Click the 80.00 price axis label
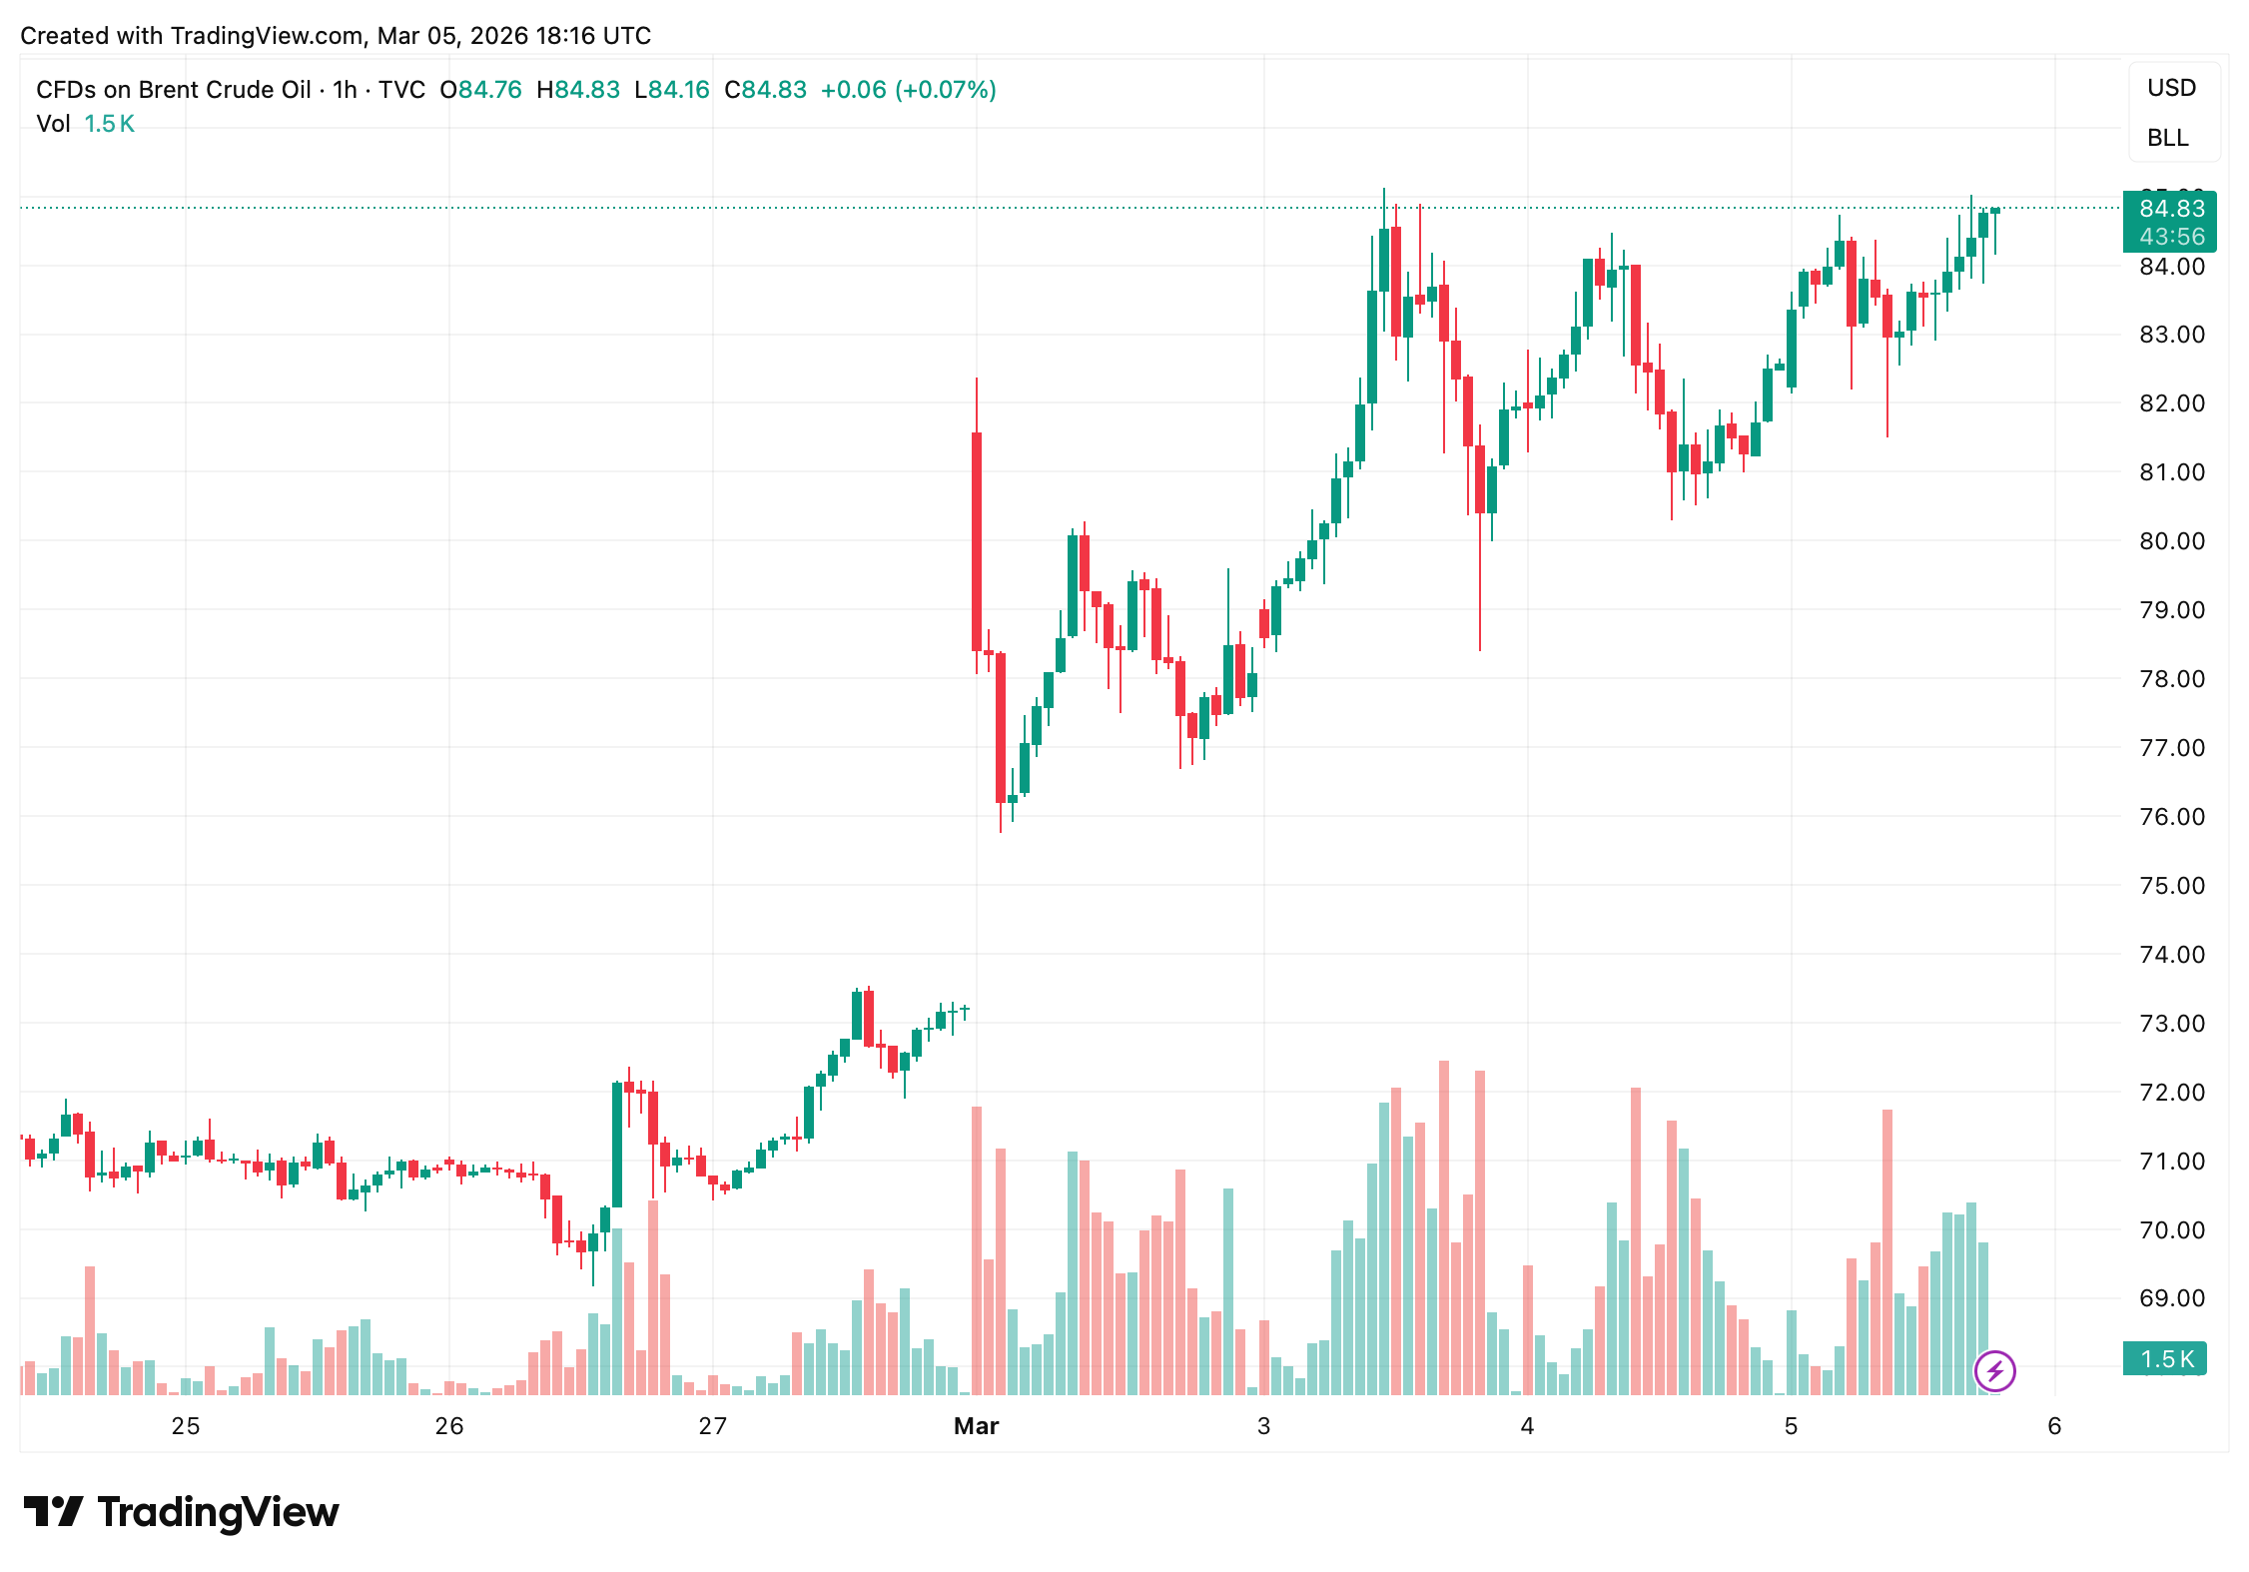(2171, 541)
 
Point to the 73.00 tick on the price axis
(2171, 1024)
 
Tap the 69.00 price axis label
(2171, 1298)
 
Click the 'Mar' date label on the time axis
(976, 1426)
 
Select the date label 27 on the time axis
(712, 1426)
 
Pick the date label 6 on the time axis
(2054, 1426)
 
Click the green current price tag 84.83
(2171, 209)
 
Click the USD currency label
(2171, 88)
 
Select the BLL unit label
(2167, 138)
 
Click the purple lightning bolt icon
(1994, 1371)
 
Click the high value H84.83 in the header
(578, 90)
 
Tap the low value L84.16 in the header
(672, 90)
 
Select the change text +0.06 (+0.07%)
(908, 90)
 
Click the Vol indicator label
(53, 124)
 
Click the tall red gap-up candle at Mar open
(977, 539)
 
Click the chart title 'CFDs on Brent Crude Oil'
(174, 90)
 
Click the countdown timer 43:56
(2171, 237)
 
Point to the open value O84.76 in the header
(481, 90)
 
